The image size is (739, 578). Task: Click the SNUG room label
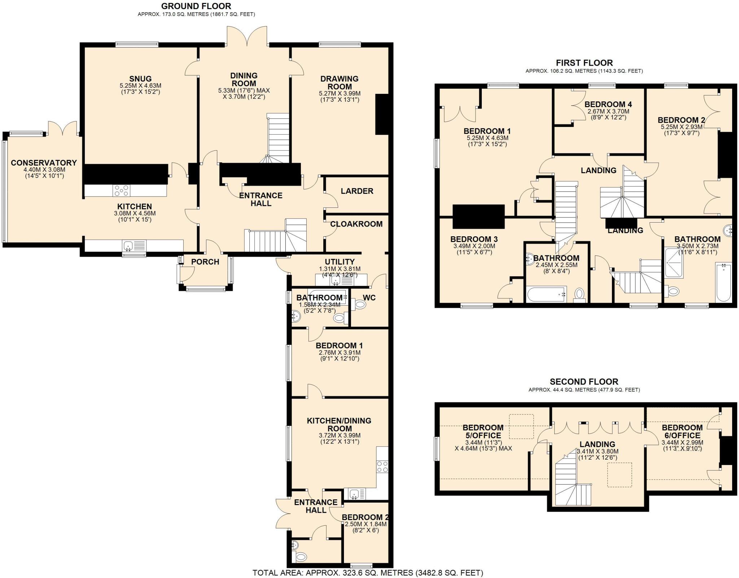(140, 79)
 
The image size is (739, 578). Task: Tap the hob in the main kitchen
(122, 191)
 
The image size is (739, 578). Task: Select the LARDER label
(357, 191)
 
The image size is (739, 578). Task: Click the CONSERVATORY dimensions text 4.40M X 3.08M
(44, 170)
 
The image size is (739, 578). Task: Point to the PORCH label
(205, 262)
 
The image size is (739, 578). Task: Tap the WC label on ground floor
(369, 298)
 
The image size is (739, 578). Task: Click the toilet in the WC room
(359, 305)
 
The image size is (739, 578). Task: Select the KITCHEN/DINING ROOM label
(339, 425)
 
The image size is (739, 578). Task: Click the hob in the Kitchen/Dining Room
(382, 467)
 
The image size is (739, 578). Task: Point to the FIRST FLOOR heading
(584, 63)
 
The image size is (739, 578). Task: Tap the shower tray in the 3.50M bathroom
(674, 262)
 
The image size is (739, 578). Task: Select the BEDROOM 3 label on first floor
(474, 239)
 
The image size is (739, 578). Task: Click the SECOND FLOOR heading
(584, 381)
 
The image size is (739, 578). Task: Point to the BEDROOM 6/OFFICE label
(682, 432)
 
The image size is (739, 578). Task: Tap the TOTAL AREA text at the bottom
(367, 573)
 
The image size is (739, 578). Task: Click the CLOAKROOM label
(356, 224)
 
